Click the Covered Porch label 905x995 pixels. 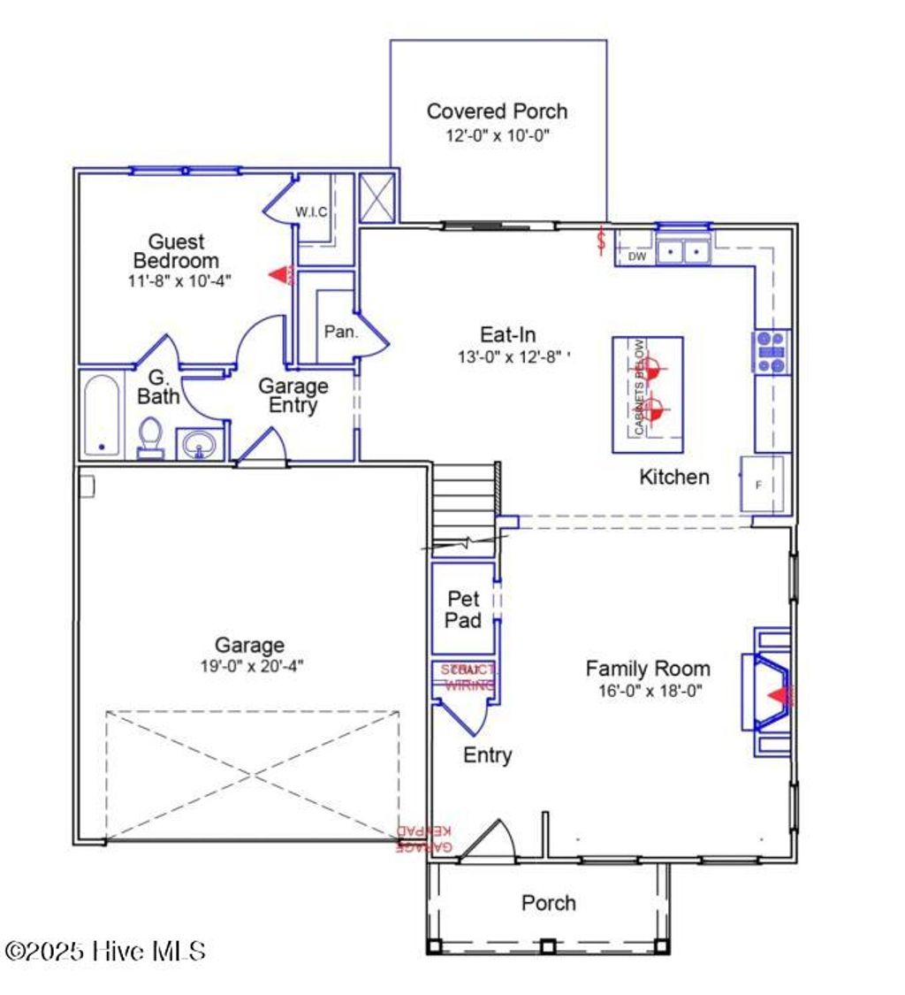[x=497, y=111]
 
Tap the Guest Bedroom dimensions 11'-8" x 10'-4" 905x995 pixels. [x=176, y=281]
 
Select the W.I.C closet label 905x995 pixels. [x=312, y=212]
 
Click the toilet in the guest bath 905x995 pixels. [x=151, y=438]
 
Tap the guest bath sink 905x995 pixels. [x=200, y=445]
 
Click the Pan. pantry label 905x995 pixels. [x=340, y=333]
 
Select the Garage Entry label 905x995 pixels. [x=293, y=396]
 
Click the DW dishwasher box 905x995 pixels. [x=637, y=256]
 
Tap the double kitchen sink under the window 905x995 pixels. [x=684, y=252]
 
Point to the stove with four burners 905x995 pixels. [x=772, y=351]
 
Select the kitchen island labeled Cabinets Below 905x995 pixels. [x=648, y=394]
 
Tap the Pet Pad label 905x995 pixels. [x=463, y=610]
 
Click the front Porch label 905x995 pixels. [x=548, y=903]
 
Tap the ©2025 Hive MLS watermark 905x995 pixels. [x=105, y=952]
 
